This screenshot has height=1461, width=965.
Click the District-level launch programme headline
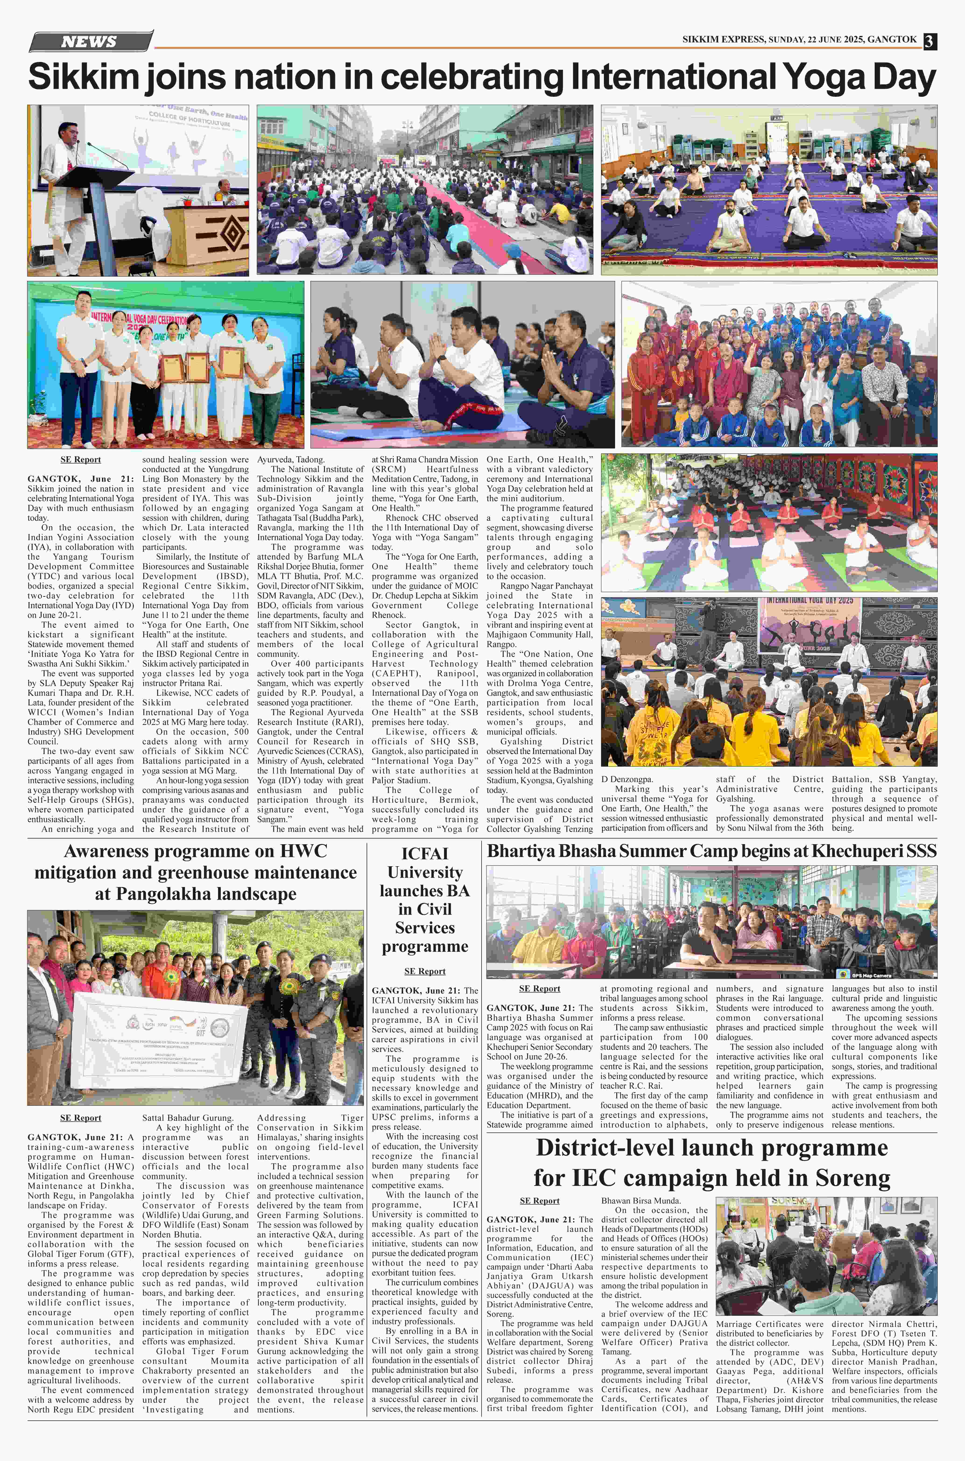click(x=711, y=1163)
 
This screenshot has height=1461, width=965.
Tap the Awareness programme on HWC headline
click(x=196, y=872)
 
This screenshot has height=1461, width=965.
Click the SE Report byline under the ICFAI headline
click(x=425, y=971)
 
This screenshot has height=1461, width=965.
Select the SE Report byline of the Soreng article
click(x=540, y=1201)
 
